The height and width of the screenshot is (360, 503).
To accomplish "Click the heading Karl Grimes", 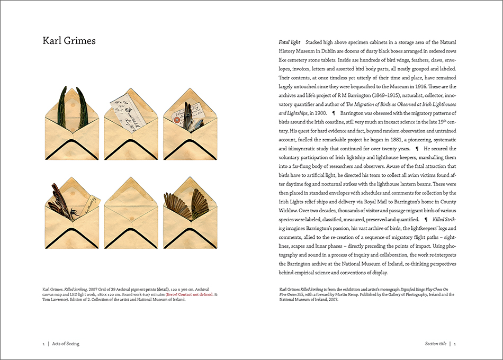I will click(x=69, y=41).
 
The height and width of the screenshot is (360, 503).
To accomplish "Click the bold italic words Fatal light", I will click(x=289, y=42).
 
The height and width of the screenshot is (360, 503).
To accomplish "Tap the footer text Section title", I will click(x=435, y=344).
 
